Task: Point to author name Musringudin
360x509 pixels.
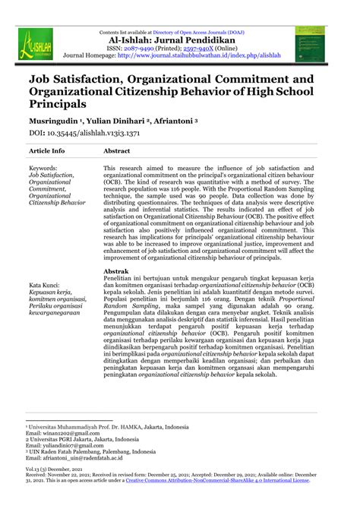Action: [53, 120]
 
